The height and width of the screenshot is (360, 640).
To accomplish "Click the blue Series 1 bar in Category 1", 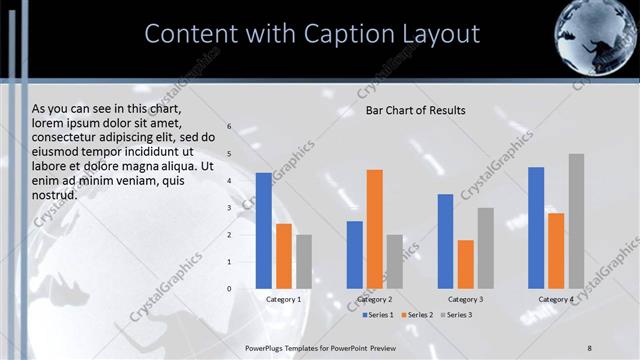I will pyautogui.click(x=263, y=231).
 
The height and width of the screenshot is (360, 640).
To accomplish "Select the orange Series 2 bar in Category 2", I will pyautogui.click(x=374, y=229).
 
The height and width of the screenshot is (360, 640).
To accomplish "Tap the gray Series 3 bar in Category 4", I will pyautogui.click(x=576, y=221).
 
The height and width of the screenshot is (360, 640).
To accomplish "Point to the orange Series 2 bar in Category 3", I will pyautogui.click(x=465, y=264).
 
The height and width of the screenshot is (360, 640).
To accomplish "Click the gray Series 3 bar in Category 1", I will pyautogui.click(x=303, y=261).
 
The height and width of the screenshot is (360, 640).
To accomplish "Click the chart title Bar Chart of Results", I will pyautogui.click(x=415, y=110).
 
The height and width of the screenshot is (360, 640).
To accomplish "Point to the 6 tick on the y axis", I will pyautogui.click(x=229, y=127).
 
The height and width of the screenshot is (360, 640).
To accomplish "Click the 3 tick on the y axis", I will pyautogui.click(x=229, y=208).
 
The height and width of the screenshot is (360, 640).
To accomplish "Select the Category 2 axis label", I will pyautogui.click(x=374, y=299).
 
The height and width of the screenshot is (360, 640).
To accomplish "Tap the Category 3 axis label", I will pyautogui.click(x=465, y=299).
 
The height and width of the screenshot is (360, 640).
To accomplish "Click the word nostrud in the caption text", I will pyautogui.click(x=54, y=195).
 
